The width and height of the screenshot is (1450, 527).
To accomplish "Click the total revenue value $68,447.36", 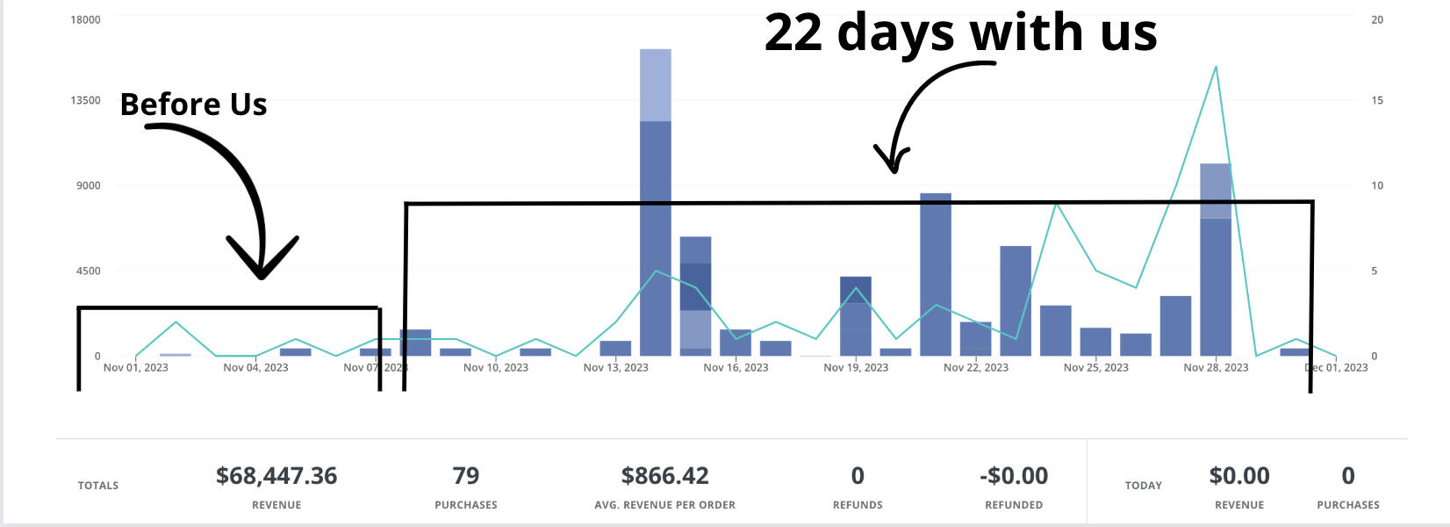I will point(276,476).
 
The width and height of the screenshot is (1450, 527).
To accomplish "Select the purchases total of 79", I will point(465,476).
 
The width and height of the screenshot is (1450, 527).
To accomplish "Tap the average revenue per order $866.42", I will point(664,476).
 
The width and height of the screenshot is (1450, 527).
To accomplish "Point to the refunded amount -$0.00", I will point(1013,476).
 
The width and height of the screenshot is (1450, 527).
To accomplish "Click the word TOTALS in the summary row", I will point(98,486).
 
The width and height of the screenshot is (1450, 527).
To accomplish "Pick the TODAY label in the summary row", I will point(1143,486).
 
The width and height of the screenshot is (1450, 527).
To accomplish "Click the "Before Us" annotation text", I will point(193,105).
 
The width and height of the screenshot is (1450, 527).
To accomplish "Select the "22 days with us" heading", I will point(960,32).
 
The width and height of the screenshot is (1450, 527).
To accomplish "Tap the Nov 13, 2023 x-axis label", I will point(615,367).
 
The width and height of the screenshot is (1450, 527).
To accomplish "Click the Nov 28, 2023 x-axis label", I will point(1216,367).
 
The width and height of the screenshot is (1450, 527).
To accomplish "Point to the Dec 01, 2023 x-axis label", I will point(1337,367).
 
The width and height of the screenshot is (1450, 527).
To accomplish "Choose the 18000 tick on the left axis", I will point(85,19).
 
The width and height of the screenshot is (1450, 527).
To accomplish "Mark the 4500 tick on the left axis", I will point(85,271).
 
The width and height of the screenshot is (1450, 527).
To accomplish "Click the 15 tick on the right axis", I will point(1377,100).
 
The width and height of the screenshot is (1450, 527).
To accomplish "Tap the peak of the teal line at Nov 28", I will point(1216,67).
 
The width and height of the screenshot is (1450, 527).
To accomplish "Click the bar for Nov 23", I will point(1016,300).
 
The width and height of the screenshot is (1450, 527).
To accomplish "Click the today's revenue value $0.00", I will point(1238,476).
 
